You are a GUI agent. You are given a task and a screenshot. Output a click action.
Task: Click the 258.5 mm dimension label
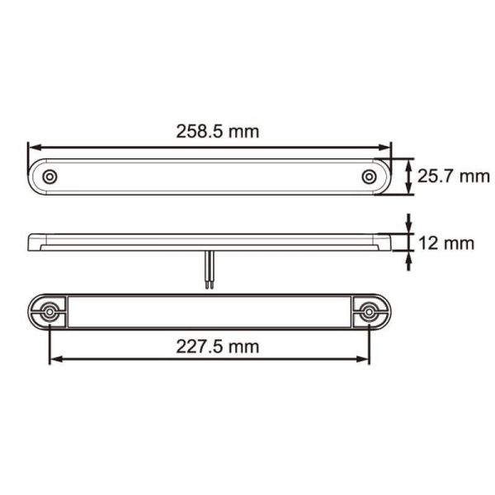pyautogui.click(x=218, y=130)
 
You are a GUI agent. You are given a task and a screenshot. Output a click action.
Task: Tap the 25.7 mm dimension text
pyautogui.click(x=454, y=175)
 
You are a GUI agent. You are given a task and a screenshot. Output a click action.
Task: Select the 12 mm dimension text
pyautogui.click(x=446, y=243)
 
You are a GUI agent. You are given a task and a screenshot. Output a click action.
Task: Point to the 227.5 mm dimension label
pyautogui.click(x=218, y=346)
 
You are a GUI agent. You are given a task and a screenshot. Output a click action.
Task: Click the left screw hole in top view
pyautogui.click(x=50, y=177)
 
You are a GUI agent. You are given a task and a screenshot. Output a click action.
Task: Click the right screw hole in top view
pyautogui.click(x=370, y=177)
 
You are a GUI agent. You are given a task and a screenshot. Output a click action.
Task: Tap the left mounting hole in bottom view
pyautogui.click(x=50, y=311)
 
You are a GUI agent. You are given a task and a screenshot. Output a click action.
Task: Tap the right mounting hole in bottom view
pyautogui.click(x=369, y=311)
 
